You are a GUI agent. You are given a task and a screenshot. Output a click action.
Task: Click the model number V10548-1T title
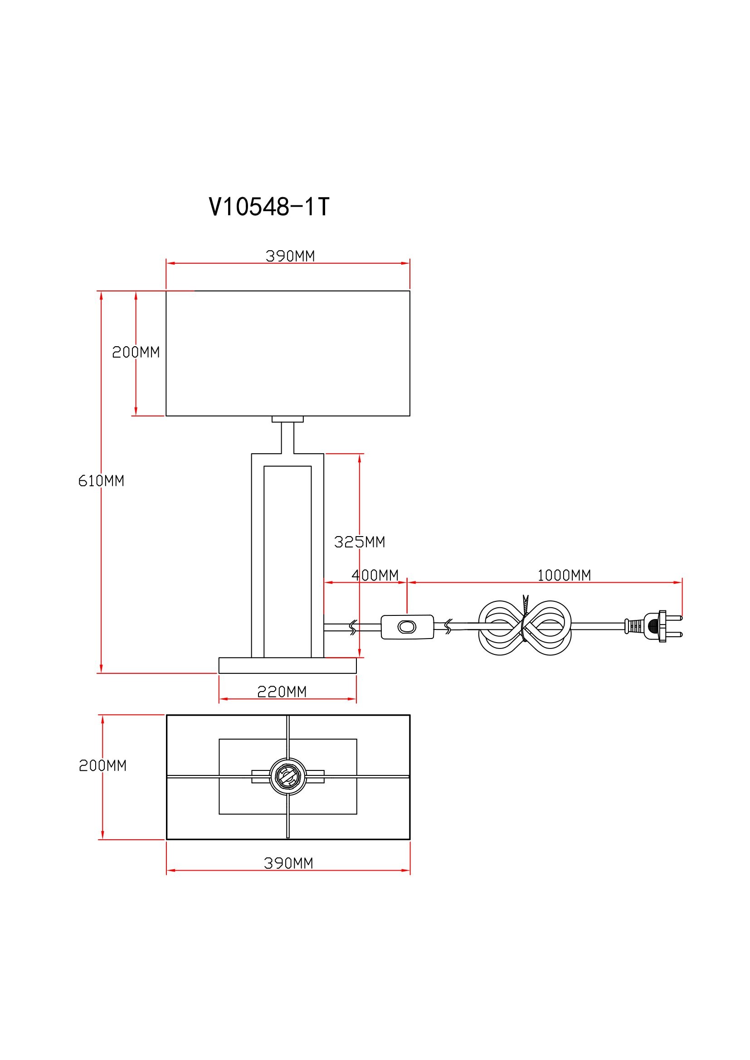[x=269, y=206]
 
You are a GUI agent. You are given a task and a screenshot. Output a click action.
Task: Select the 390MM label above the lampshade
[x=290, y=256]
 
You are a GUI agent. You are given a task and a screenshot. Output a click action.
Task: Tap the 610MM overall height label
[x=101, y=481]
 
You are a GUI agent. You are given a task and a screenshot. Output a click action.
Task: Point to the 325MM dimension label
[x=359, y=542]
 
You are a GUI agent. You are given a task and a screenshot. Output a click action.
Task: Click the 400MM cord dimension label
[x=375, y=575]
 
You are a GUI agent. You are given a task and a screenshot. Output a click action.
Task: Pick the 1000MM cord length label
[x=564, y=575]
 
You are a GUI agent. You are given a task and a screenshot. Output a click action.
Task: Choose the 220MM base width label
[x=282, y=692]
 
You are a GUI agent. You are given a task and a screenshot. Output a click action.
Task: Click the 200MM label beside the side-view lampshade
[x=136, y=352]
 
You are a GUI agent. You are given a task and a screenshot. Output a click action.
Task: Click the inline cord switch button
[x=406, y=627]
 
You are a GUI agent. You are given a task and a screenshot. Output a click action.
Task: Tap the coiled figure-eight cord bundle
[x=525, y=627]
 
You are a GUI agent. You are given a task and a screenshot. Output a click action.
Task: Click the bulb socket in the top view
[x=288, y=777]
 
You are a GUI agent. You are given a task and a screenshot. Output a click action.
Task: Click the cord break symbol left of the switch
[x=353, y=627]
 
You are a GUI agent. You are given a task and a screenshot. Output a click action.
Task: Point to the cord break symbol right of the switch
[x=448, y=626]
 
